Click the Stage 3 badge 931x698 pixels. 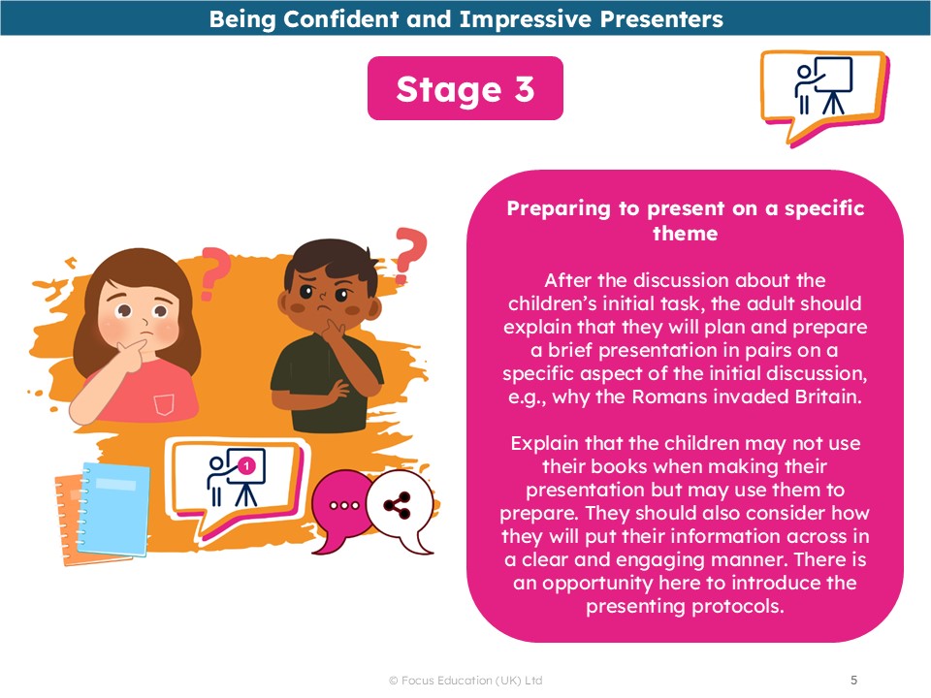click(x=465, y=88)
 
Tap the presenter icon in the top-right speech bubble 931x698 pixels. click(x=823, y=85)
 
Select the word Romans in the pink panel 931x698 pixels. click(x=667, y=397)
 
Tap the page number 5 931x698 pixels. click(x=853, y=680)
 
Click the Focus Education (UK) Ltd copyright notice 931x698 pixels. click(x=465, y=681)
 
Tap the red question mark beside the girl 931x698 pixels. click(x=213, y=272)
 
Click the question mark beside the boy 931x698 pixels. click(x=409, y=254)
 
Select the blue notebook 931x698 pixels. click(x=114, y=509)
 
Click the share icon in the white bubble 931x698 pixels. click(x=397, y=504)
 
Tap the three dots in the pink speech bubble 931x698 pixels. click(x=344, y=506)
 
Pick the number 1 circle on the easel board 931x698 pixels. click(x=246, y=466)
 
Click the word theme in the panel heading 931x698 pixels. click(x=686, y=234)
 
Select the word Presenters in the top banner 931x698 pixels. click(x=661, y=19)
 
